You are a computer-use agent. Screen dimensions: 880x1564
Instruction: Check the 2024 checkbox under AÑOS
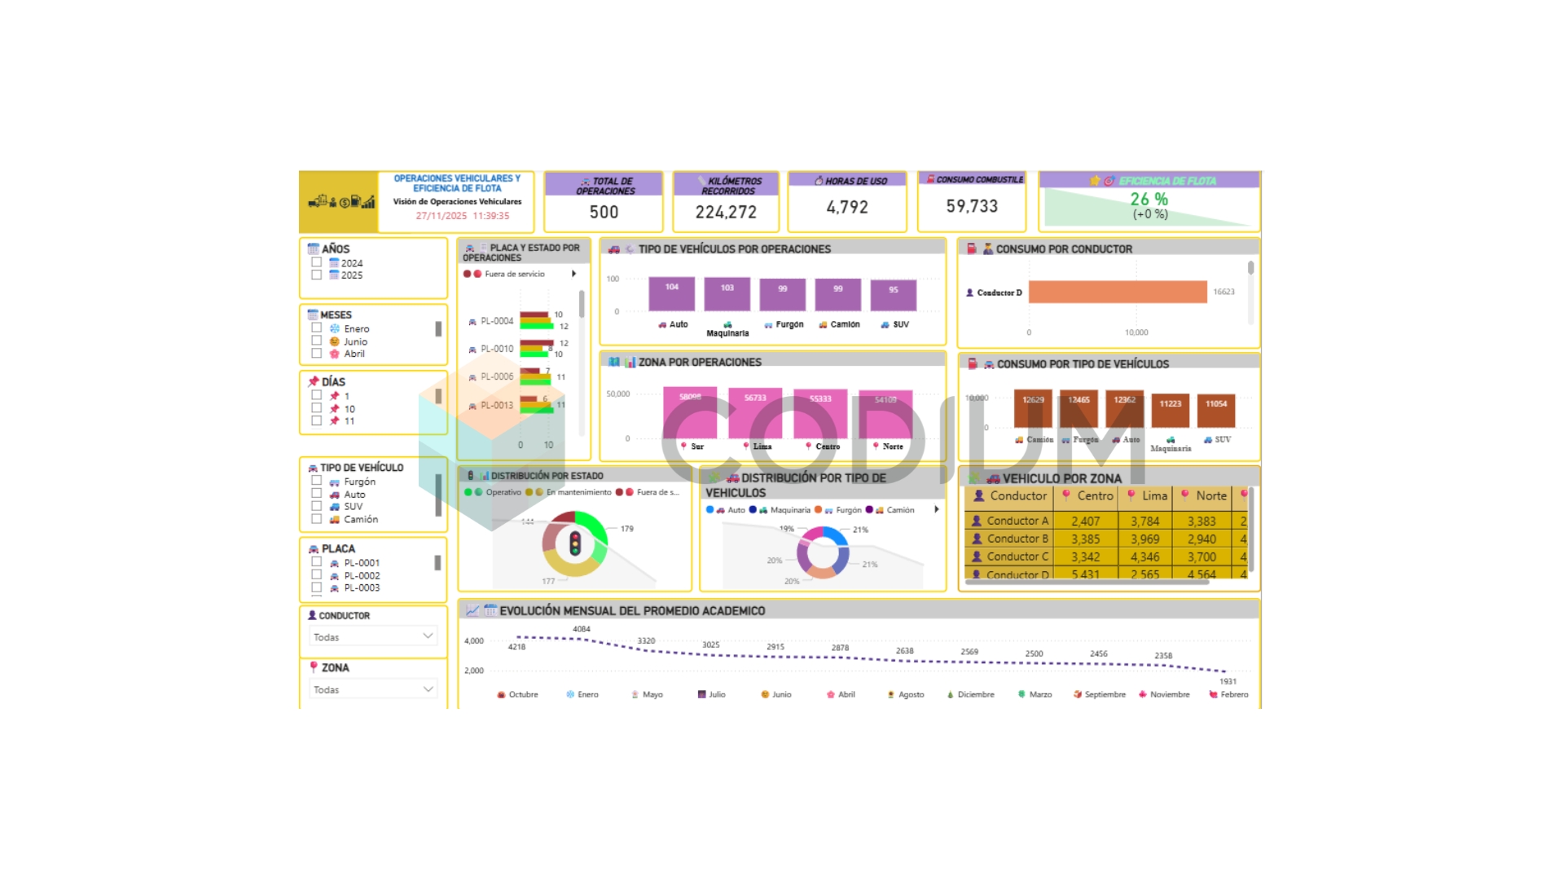coord(316,262)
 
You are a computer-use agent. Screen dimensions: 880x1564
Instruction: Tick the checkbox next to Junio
coord(316,341)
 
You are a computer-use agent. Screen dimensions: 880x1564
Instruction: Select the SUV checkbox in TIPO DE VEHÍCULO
coord(316,506)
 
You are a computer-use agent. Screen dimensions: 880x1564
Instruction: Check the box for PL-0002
coord(316,574)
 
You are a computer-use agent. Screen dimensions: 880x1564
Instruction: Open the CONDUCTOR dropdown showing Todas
coord(373,636)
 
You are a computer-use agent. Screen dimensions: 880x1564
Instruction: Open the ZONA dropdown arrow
coord(428,689)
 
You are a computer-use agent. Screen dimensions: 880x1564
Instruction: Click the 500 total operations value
coord(604,212)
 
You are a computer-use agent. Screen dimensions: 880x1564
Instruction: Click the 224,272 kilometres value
coord(726,212)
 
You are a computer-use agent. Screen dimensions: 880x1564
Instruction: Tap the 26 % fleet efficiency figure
coord(1149,199)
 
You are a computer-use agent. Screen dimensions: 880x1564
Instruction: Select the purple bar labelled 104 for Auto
coord(671,294)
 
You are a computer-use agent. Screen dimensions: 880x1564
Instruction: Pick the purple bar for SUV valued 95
coord(893,296)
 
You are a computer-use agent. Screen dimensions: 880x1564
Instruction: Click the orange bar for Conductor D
coord(1117,292)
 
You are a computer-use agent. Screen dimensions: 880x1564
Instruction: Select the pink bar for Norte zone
coord(885,414)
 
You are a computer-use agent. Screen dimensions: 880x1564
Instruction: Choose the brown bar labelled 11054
coord(1216,411)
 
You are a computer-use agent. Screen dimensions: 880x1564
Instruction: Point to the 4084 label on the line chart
coord(581,629)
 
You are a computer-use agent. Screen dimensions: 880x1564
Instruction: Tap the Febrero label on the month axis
coord(1233,694)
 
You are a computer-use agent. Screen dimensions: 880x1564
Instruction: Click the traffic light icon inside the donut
coord(575,543)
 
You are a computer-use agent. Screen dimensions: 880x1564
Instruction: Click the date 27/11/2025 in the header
coord(441,216)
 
